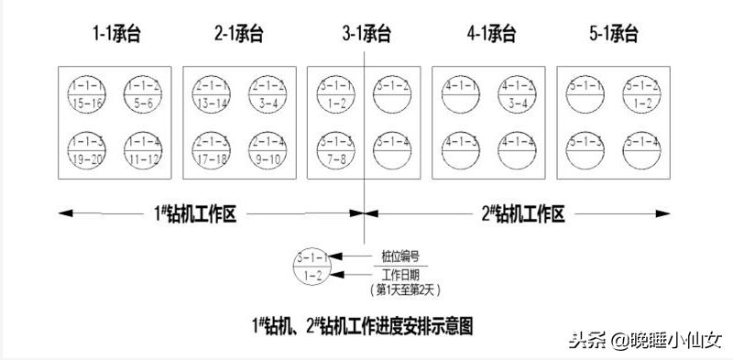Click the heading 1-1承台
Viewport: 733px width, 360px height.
click(115, 35)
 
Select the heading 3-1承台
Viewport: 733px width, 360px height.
click(366, 35)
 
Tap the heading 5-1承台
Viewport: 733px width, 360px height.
click(613, 35)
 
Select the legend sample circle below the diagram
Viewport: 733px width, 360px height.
click(312, 266)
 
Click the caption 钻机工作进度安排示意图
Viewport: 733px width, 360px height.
click(362, 323)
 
